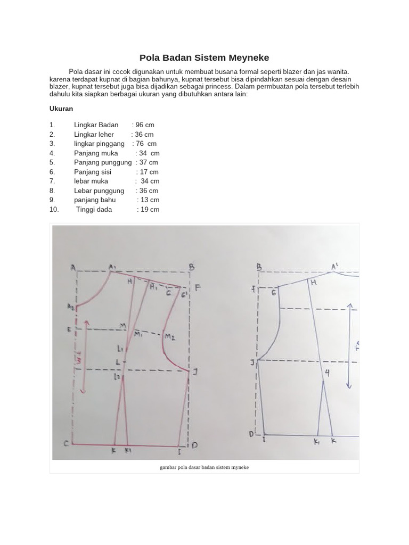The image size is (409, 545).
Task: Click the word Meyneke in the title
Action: [249, 57]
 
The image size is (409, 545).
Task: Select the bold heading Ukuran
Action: [61, 109]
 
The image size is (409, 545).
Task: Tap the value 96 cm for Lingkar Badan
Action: [143, 125]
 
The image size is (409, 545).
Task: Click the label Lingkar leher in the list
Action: [94, 135]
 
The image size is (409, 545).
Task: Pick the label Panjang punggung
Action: [102, 162]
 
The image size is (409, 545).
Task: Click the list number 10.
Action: [54, 210]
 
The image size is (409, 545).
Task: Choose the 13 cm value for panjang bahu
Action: [148, 200]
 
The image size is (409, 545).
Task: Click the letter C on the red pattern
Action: [67, 443]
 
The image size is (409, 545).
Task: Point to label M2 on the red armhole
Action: [170, 337]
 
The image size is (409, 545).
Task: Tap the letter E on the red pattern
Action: [69, 329]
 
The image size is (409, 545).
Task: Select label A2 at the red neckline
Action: [71, 307]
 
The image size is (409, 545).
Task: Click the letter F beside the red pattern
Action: [197, 288]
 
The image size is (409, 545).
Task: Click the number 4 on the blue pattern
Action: [327, 374]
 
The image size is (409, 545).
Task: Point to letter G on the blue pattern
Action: [274, 293]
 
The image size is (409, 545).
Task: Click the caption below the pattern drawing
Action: [204, 467]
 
